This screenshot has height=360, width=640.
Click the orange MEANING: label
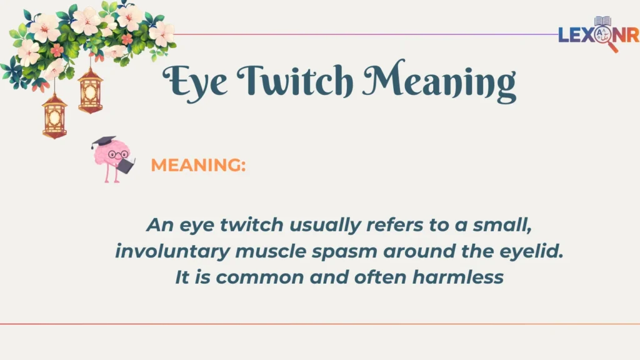pyautogui.click(x=198, y=166)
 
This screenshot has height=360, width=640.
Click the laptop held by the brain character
pyautogui.click(x=127, y=166)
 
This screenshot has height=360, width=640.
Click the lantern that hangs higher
pyautogui.click(x=91, y=91)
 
